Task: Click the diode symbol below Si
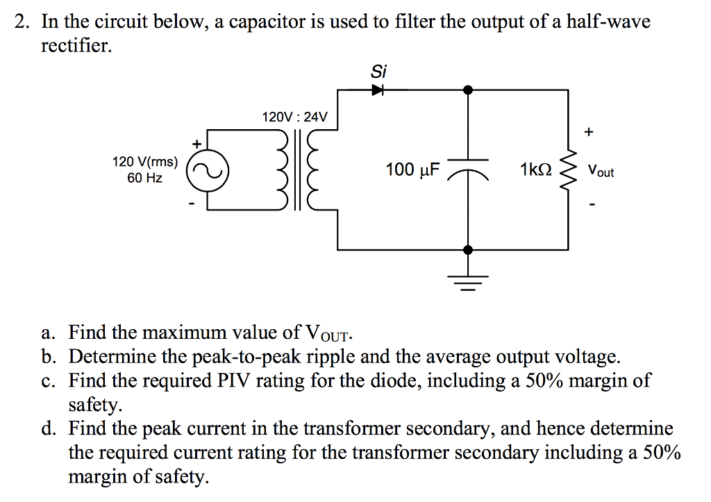(x=378, y=90)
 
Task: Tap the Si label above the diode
(x=378, y=71)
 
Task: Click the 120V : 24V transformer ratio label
(x=294, y=117)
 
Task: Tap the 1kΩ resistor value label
(x=535, y=169)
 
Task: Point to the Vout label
(x=601, y=170)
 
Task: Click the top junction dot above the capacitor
(x=469, y=90)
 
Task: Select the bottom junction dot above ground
(x=469, y=249)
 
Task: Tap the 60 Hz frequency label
(x=145, y=178)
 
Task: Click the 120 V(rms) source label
(x=145, y=162)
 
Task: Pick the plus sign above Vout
(x=590, y=131)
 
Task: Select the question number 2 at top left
(x=22, y=22)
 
